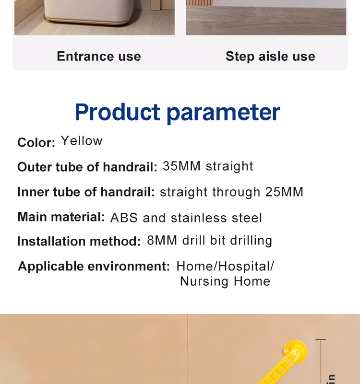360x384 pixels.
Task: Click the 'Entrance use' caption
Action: point(99,56)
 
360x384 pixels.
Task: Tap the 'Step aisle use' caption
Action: point(270,57)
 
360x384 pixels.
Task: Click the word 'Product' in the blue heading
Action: point(118,112)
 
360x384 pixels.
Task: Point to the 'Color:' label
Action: point(36,142)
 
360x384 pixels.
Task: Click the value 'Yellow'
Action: point(82,140)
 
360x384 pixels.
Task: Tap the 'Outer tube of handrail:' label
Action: point(87,167)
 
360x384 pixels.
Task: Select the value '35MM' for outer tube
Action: point(181,166)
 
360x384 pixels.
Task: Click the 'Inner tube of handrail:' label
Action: point(86,192)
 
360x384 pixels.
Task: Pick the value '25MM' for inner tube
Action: point(284,192)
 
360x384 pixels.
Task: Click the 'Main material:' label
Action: point(61,217)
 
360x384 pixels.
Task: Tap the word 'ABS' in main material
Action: point(124,218)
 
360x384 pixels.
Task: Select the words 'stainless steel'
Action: point(216,218)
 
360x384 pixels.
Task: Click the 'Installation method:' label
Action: point(79,241)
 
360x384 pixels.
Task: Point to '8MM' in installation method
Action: point(162,240)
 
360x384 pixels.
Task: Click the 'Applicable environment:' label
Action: point(94,266)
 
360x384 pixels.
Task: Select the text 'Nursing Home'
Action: point(225,281)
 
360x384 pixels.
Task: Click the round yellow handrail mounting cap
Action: point(295,352)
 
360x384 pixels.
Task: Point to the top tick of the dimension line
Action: point(321,340)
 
